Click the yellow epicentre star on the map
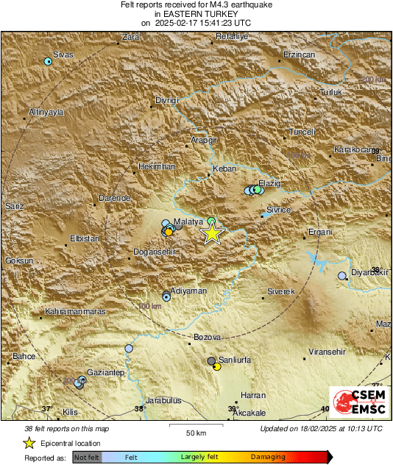pos(212,234)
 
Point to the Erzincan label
pos(300,55)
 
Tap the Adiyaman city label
pos(187,291)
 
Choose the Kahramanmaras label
pos(77,311)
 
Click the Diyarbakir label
pos(368,271)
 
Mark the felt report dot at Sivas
pos(49,62)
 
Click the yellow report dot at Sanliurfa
pos(217,366)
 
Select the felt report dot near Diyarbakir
pos(342,276)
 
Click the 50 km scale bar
pos(195,426)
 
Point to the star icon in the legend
pos(29,443)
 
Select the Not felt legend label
pos(86,457)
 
